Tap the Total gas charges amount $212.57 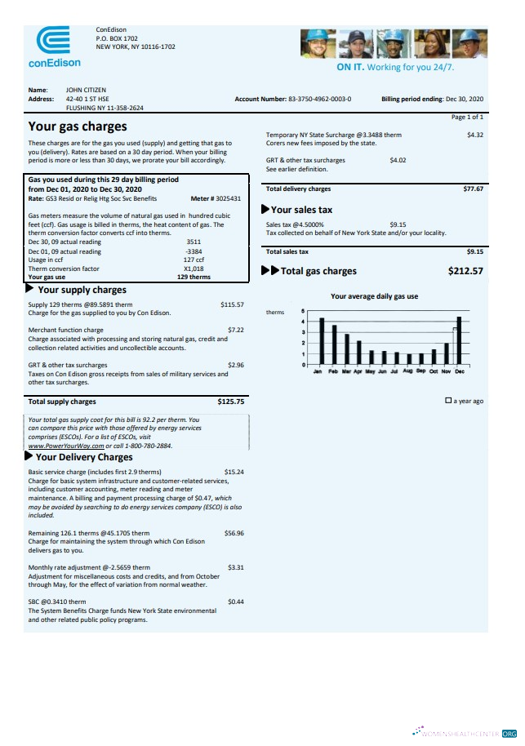coord(465,271)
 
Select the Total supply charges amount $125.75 coord(231,402)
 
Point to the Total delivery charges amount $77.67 coord(473,189)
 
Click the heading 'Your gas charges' coord(78,127)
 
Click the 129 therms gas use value coord(194,277)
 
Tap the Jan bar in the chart coord(322,340)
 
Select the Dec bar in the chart coord(460,340)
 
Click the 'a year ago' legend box coord(448,401)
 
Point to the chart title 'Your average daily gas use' coord(374,296)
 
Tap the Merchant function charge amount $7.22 coord(236,330)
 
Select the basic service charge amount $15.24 coord(234,472)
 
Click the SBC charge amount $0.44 coord(236,602)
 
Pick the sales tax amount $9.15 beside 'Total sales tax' coord(474,252)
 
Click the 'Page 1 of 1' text coord(467,117)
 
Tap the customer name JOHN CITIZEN coord(86,90)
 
